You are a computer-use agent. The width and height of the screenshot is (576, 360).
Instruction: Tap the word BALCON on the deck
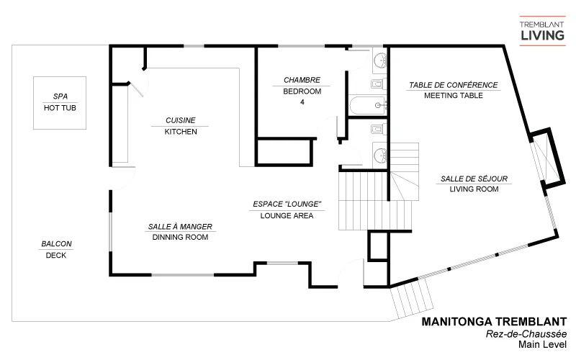coord(55,243)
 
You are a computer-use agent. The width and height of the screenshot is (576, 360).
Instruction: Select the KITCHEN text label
coord(181,132)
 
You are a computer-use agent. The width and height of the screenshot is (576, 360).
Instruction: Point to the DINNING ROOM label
coord(180,237)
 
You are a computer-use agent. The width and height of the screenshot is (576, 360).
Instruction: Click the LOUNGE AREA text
coord(287,215)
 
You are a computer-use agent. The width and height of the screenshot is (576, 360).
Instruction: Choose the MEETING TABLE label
coord(453,96)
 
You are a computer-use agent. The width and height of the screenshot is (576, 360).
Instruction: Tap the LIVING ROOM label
coord(474,189)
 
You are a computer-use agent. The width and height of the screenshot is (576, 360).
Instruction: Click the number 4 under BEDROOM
coord(302,102)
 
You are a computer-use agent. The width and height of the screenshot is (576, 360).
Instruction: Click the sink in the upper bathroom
coord(379,60)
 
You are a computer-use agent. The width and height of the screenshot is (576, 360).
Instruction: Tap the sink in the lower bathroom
coord(379,153)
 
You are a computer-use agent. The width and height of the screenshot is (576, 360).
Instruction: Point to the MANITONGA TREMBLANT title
coord(493,322)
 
